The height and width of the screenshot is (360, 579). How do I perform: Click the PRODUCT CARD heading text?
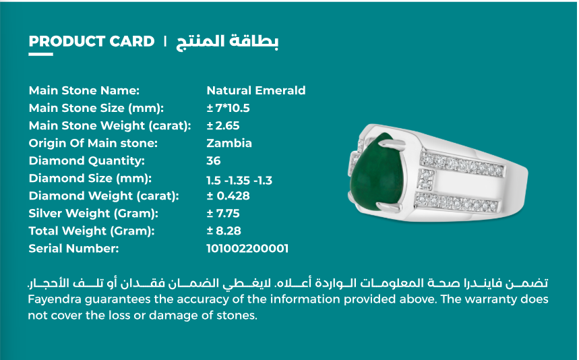[x=92, y=41]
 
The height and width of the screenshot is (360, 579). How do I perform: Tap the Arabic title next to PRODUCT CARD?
[x=227, y=41]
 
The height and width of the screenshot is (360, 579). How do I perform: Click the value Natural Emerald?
[x=255, y=90]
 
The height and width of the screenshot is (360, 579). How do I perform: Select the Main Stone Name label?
[x=84, y=90]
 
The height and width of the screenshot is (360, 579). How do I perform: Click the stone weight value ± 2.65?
[x=223, y=125]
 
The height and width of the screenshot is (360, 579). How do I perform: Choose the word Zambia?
[x=229, y=143]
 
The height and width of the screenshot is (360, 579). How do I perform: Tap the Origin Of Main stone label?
[x=93, y=143]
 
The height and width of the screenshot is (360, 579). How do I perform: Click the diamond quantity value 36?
[x=214, y=160]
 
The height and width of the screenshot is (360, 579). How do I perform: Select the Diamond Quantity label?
[x=87, y=160]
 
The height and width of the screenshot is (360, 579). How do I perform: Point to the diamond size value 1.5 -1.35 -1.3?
[x=239, y=179]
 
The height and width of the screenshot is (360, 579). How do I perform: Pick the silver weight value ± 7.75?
[x=223, y=214]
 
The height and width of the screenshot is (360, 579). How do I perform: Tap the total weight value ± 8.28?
[x=223, y=231]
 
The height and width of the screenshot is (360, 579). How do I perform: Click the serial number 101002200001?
[x=247, y=249]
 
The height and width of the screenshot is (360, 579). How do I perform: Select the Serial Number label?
[x=73, y=249]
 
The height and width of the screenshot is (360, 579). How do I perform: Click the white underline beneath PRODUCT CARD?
[x=40, y=55]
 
